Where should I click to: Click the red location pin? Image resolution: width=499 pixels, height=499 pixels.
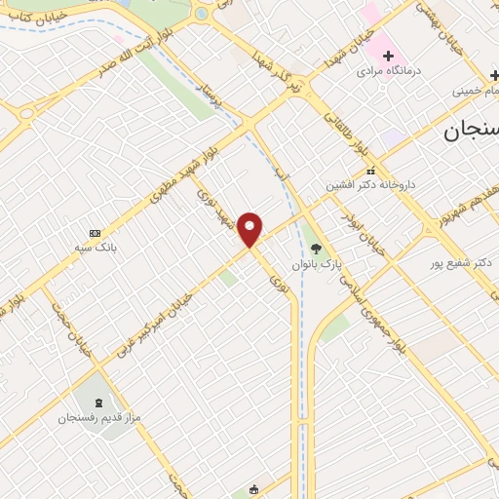coord(250,228)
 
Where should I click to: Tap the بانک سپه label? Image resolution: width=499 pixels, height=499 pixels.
coord(96,248)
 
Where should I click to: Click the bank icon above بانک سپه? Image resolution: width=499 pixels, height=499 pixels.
coord(95,233)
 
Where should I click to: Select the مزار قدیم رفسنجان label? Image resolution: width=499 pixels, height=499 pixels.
coord(98,417)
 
